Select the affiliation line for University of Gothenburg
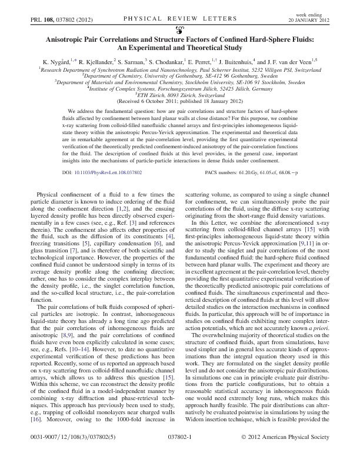coord(180,76)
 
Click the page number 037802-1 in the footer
coord(181,455)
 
